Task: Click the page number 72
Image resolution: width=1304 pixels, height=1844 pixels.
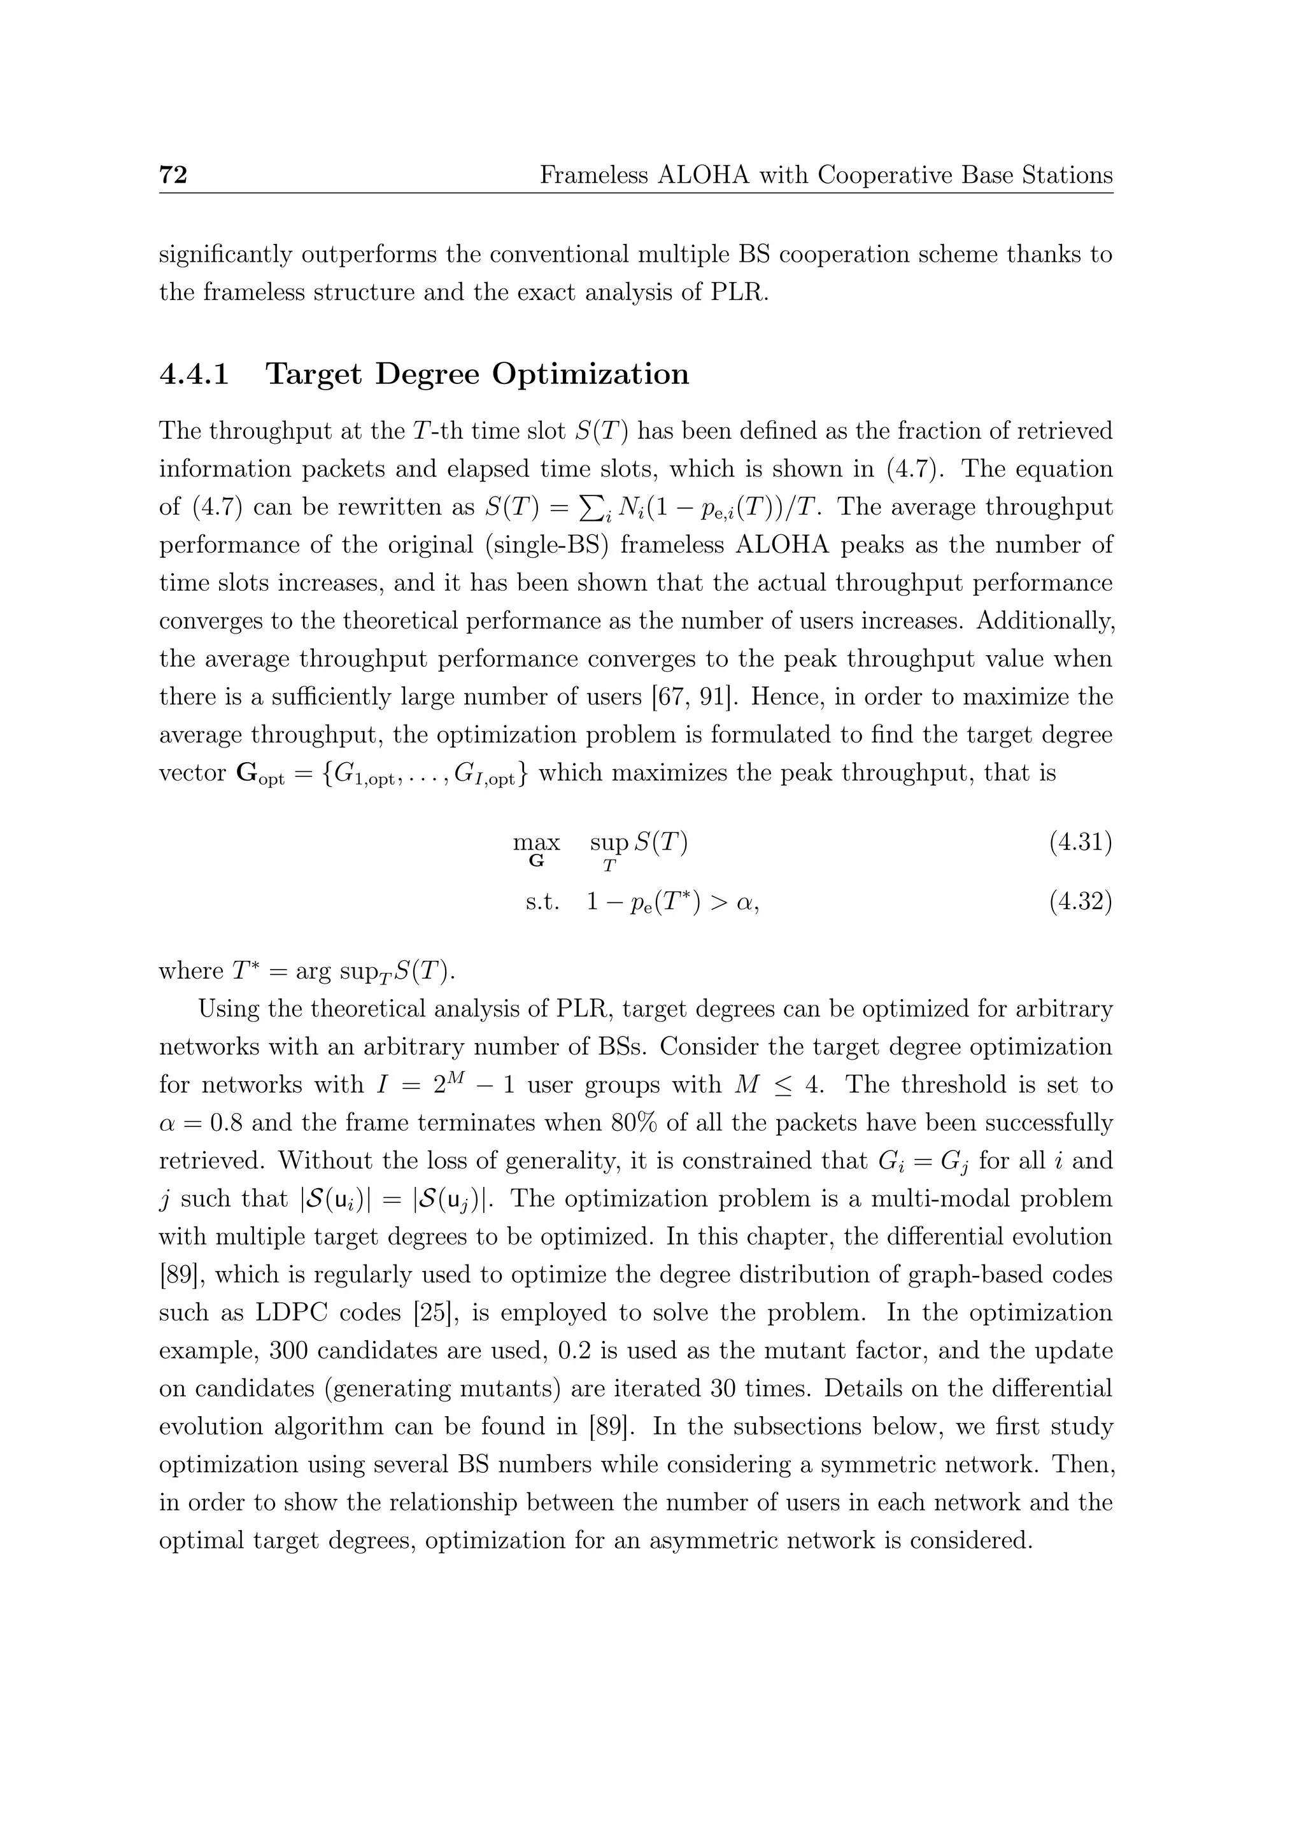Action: (x=173, y=174)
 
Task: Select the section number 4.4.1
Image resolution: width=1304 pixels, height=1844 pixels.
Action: (x=194, y=374)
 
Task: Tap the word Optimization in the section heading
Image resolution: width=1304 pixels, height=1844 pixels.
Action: (x=590, y=374)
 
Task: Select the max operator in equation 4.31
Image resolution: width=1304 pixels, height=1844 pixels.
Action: (x=536, y=843)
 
